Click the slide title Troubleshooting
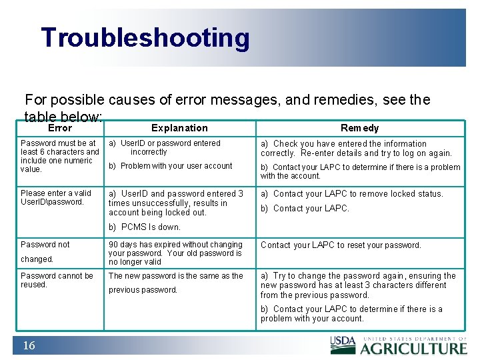pos(145,38)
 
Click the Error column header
pos(60,128)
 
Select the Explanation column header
pos(179,128)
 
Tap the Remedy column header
pos(359,128)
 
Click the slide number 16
pos(29,345)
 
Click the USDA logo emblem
pos(343,343)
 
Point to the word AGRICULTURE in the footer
pos(413,348)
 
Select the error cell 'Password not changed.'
pos(45,251)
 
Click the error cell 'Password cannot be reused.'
pos(57,280)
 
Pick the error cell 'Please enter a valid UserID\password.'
pos(56,197)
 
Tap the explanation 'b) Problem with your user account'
pos(171,166)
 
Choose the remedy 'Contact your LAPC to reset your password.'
pos(341,245)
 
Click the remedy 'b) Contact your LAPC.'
pos(305,209)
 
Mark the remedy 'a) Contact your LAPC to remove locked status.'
pos(351,194)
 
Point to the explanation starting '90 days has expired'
pos(175,253)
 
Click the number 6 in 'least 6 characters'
pos(45,152)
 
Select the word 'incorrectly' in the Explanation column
pos(149,152)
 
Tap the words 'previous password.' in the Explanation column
pos(143,290)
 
